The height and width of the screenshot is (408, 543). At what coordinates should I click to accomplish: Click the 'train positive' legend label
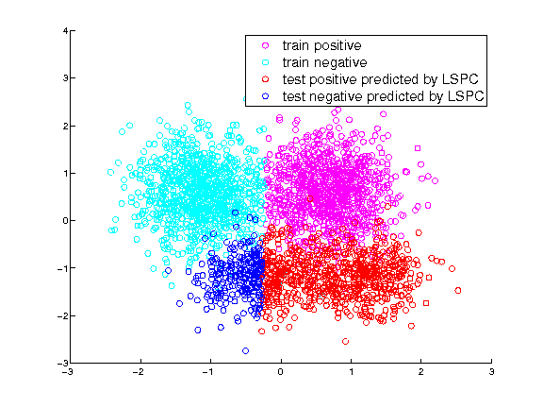point(321,45)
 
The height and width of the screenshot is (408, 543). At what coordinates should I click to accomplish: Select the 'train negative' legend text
point(324,62)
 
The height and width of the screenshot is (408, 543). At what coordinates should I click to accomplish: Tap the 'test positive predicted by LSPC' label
point(380,79)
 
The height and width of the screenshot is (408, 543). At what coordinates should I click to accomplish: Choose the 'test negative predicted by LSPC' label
point(383,96)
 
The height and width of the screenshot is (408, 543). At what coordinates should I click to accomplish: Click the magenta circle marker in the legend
point(266,45)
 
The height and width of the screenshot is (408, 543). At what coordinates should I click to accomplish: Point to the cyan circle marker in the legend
point(266,62)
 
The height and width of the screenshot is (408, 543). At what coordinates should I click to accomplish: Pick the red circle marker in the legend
point(266,79)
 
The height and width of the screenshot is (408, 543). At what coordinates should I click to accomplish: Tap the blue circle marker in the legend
point(266,96)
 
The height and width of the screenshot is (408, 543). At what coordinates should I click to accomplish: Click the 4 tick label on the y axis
point(65,31)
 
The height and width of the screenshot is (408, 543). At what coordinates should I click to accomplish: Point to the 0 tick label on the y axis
point(65,221)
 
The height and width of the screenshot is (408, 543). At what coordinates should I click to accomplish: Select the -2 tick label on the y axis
point(62,315)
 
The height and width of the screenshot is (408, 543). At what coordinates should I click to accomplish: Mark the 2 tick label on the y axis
point(65,126)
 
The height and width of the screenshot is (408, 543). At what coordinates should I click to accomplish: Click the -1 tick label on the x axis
point(208,372)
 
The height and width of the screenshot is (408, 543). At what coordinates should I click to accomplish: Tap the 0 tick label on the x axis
point(281,372)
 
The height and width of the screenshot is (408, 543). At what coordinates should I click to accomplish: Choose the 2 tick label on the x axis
point(420,372)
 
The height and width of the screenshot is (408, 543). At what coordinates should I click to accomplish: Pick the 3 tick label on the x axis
point(491,372)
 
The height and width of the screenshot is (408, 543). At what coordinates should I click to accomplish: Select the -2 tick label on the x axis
point(138,372)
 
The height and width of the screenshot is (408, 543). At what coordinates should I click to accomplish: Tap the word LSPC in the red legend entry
point(460,79)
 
